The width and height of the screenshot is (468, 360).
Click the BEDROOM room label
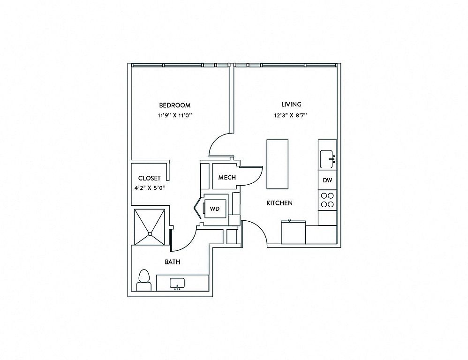[174, 105]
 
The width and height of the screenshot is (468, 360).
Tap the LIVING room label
[291, 105]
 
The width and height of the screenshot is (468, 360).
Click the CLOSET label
[150, 178]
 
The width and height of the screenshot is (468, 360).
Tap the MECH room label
[227, 178]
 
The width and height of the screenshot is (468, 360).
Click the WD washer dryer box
[215, 208]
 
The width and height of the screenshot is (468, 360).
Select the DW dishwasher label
[327, 180]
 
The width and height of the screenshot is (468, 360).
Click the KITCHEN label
[279, 203]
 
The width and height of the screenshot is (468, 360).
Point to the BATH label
[172, 262]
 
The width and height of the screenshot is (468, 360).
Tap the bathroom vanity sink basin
[177, 284]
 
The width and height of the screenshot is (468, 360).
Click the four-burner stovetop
[327, 200]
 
